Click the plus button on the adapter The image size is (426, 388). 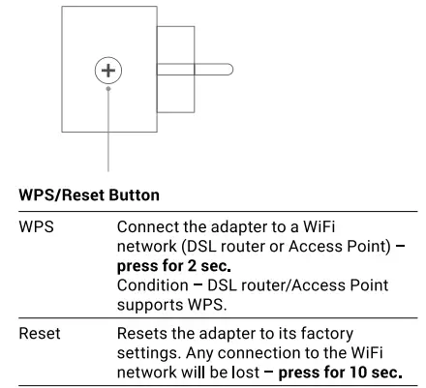tap(108, 70)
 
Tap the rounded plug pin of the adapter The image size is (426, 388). tap(195, 70)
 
